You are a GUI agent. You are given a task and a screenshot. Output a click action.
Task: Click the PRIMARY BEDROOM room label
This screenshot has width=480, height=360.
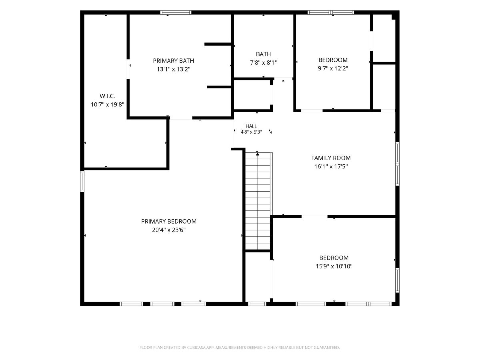(169, 222)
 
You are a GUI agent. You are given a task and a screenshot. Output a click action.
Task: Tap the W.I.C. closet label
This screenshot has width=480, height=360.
(107, 96)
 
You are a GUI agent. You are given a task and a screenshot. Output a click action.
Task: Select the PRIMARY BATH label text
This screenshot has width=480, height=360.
(174, 60)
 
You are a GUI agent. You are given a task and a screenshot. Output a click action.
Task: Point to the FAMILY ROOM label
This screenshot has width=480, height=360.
(331, 158)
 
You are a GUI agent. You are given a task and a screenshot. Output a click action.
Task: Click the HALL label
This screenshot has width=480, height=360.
(251, 126)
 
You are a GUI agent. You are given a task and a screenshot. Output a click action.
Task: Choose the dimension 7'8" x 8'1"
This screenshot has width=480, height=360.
(263, 63)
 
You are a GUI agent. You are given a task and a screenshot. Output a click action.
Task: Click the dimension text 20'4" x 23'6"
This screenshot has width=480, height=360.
(169, 230)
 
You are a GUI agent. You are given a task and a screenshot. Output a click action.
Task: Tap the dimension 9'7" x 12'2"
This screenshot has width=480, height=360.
(333, 68)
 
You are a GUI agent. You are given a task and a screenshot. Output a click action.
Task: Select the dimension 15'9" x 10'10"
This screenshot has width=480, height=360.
(334, 266)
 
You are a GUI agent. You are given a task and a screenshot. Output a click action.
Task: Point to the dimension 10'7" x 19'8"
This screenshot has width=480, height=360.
(107, 104)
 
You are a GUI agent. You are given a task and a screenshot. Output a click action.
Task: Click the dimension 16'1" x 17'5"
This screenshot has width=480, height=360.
(331, 166)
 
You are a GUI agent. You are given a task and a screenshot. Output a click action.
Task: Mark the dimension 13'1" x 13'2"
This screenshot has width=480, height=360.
(174, 69)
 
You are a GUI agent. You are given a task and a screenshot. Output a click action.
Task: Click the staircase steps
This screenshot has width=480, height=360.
(258, 201)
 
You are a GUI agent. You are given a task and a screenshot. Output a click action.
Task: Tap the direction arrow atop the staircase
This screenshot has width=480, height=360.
(258, 154)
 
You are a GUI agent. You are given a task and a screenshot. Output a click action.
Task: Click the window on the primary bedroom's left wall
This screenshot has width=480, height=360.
(82, 182)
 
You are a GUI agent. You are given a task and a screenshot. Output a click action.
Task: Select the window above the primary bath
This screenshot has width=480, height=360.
(176, 12)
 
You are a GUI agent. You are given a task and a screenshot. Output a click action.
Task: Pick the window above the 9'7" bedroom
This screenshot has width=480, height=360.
(331, 12)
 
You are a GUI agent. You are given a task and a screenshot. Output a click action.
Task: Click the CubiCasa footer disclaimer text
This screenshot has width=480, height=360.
(240, 348)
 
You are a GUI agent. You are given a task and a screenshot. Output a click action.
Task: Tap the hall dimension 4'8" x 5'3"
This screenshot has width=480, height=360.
(251, 132)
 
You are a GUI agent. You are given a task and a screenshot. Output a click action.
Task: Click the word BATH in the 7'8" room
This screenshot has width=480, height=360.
(263, 54)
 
